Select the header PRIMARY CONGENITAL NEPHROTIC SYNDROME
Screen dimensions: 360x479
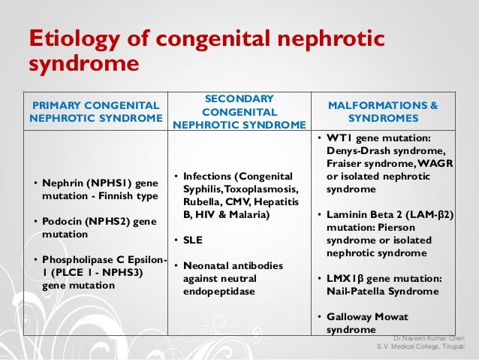(x=95, y=111)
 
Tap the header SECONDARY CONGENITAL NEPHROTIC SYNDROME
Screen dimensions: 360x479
(x=239, y=111)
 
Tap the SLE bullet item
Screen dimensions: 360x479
(x=194, y=241)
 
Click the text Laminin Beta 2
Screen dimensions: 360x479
(x=356, y=214)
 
